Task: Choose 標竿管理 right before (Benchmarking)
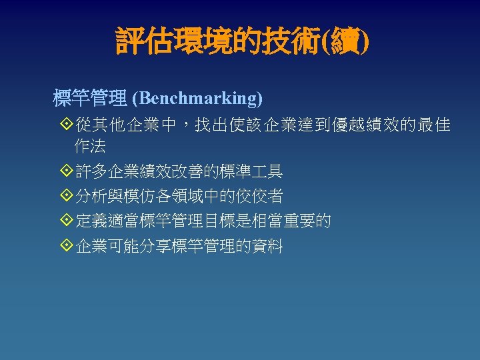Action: [x=90, y=99]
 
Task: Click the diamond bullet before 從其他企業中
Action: [x=65, y=124]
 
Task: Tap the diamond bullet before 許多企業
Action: [x=65, y=171]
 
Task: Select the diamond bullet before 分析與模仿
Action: [x=65, y=196]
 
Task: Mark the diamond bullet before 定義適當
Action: [x=65, y=221]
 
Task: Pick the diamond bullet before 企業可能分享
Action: [x=65, y=246]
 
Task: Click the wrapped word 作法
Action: [x=90, y=146]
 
